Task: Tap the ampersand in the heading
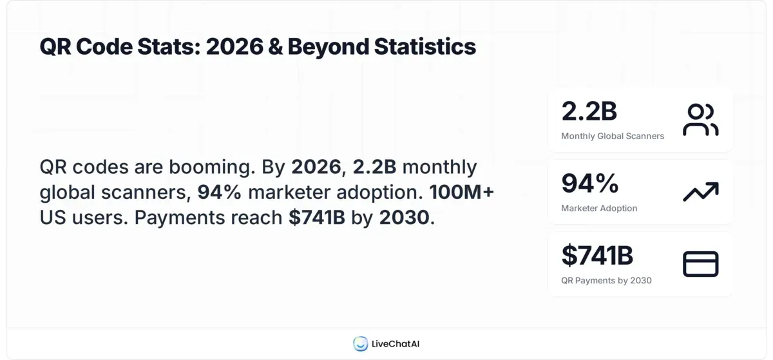point(275,47)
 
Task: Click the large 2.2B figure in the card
point(589,111)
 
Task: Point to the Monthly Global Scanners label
point(613,136)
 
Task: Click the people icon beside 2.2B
point(700,120)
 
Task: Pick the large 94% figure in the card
point(589,184)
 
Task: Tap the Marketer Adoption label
point(599,208)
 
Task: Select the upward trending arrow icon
point(700,192)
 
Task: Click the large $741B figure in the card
point(597,256)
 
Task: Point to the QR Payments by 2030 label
point(606,280)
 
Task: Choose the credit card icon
point(700,264)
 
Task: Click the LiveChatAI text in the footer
point(396,344)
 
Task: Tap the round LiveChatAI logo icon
point(360,344)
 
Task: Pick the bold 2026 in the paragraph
point(316,167)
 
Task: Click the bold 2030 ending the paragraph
point(404,218)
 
